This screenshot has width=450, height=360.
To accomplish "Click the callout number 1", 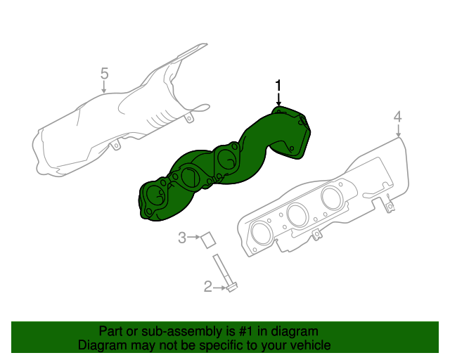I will [x=278, y=86].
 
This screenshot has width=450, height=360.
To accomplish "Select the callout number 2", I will [x=208, y=286].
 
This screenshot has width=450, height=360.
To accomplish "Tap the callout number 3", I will [x=182, y=238].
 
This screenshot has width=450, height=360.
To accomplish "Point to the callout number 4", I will [x=397, y=116].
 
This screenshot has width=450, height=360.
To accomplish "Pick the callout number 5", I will [x=104, y=73].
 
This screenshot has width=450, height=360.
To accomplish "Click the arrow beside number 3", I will [x=194, y=238].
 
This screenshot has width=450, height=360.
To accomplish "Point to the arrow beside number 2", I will [x=220, y=286].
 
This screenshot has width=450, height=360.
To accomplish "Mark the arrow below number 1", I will [x=278, y=99].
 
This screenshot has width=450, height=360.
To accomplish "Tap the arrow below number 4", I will [x=398, y=129].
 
